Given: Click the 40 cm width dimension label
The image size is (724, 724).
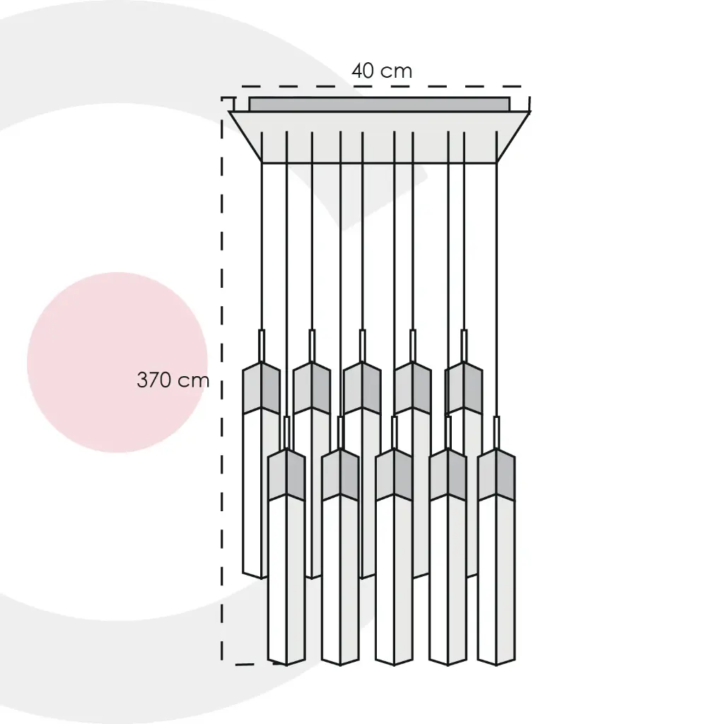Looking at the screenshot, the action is pyautogui.click(x=381, y=71).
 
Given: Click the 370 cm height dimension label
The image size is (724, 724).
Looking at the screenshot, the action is pyautogui.click(x=173, y=380).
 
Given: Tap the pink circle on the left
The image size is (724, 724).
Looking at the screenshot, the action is pyautogui.click(x=117, y=363).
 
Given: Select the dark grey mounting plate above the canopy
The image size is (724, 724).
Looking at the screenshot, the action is pyautogui.click(x=380, y=104).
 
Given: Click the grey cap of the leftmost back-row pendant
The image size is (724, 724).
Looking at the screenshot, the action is pyautogui.click(x=262, y=387).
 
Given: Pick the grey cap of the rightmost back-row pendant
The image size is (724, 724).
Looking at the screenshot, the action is pyautogui.click(x=464, y=387).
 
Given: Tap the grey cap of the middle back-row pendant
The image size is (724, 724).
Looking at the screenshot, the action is pyautogui.click(x=362, y=387).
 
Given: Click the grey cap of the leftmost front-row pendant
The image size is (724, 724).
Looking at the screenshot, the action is pyautogui.click(x=286, y=474).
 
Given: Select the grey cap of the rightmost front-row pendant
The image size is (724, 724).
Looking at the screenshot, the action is pyautogui.click(x=496, y=474).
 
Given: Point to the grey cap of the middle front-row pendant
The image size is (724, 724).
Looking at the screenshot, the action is pyautogui.click(x=394, y=474).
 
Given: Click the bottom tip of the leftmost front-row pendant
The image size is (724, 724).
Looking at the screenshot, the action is pyautogui.click(x=286, y=666).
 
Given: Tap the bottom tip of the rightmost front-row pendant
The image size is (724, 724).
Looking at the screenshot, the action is pyautogui.click(x=496, y=666).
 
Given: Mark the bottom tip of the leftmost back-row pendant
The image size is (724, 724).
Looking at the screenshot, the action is pyautogui.click(x=262, y=578).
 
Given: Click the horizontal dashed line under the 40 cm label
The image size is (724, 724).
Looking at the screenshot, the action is pyautogui.click(x=381, y=86).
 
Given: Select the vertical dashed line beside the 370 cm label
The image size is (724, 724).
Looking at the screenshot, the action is pyautogui.click(x=222, y=381).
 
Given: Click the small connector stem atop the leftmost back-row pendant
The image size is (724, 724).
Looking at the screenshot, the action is pyautogui.click(x=262, y=346).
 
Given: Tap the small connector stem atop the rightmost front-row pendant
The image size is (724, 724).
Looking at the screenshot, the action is pyautogui.click(x=496, y=433).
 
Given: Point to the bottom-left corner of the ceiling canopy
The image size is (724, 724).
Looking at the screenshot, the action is pyautogui.click(x=262, y=163).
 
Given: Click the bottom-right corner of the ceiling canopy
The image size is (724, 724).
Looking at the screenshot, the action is pyautogui.click(x=497, y=163).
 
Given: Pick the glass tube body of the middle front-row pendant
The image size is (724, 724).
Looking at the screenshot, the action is pyautogui.click(x=394, y=580).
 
